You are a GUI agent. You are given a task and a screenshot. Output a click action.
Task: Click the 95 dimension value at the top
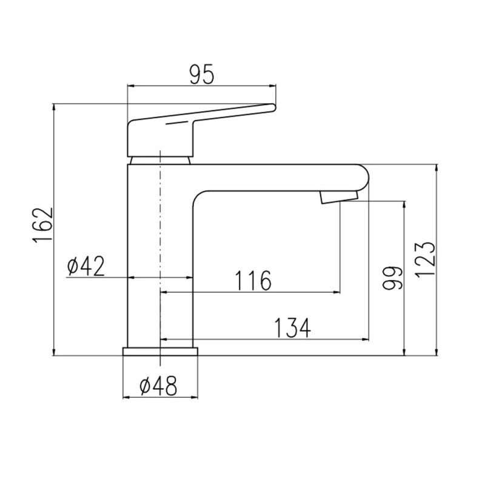click(x=202, y=75)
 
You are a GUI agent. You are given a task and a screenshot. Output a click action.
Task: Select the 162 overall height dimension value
click(x=43, y=225)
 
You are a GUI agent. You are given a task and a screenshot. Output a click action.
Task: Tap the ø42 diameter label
click(x=86, y=266)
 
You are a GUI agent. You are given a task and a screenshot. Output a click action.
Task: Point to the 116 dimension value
click(x=253, y=281)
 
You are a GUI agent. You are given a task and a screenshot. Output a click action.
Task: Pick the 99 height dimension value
click(x=392, y=278)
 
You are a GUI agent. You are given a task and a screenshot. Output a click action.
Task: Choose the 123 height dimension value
click(x=425, y=260)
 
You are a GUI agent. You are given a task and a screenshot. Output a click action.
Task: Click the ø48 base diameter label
click(x=158, y=386)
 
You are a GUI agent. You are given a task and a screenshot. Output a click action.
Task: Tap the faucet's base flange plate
click(x=160, y=352)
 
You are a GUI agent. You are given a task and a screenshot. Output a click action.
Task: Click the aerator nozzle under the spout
click(x=339, y=196)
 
